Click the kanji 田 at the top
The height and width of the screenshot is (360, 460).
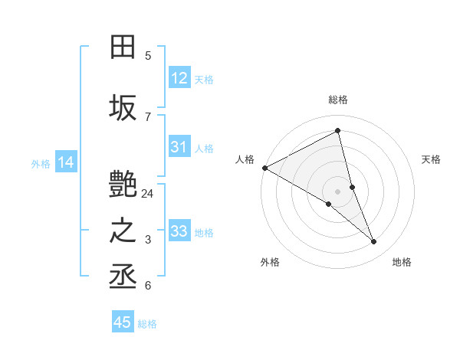point(123,48)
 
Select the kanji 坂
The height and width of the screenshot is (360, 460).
point(123,107)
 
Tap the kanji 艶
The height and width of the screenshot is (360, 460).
point(123,185)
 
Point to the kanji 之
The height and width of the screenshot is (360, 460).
point(123,231)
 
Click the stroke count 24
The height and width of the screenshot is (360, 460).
point(148,194)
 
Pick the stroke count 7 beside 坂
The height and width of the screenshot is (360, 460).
point(148,116)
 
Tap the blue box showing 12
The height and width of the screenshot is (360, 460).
point(179,78)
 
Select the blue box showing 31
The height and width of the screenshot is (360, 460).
point(179,147)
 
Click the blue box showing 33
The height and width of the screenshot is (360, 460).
point(179,231)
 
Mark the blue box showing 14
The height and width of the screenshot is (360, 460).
point(65,162)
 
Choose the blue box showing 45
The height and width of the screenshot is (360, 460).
point(123,322)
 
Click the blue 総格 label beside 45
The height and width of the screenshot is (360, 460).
point(147,324)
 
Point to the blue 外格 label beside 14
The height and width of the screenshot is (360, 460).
point(41,163)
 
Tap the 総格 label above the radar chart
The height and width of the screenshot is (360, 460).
point(338,100)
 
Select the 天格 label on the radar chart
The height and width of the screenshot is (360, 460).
point(431,159)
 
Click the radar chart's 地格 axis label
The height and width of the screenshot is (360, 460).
point(402,262)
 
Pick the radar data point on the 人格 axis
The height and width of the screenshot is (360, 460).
point(264,168)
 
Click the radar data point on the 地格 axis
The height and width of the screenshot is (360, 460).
point(374,242)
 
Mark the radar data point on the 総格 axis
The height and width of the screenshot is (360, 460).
point(338,131)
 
